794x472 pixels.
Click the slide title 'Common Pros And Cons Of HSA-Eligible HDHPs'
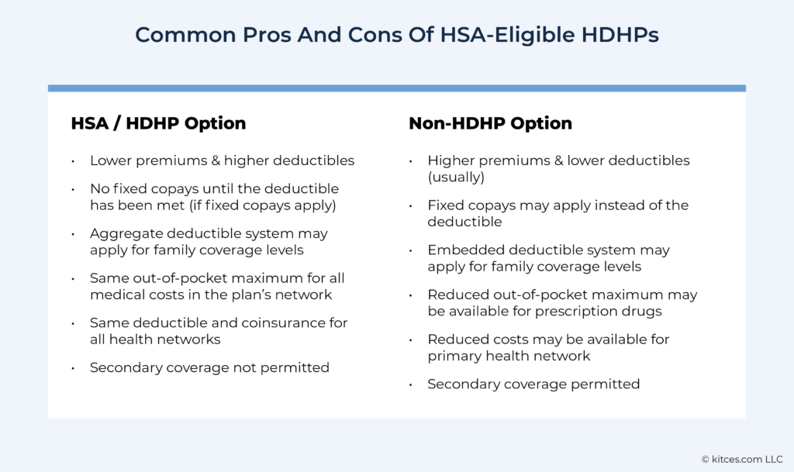[x=397, y=35]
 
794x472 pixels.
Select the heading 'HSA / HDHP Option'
[x=158, y=123]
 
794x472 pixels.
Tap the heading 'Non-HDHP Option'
[x=490, y=123]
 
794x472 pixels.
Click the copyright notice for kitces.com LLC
[x=742, y=460]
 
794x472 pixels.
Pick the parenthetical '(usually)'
[x=455, y=177]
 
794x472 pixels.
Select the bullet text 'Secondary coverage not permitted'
[x=209, y=367]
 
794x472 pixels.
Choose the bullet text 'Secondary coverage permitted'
[x=533, y=384]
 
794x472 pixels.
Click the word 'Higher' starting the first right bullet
[x=451, y=160]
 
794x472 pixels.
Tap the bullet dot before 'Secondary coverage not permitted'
[x=72, y=368]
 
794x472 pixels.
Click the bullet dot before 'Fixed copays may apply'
[x=410, y=206]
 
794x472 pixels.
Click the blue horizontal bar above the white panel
[x=397, y=88]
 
